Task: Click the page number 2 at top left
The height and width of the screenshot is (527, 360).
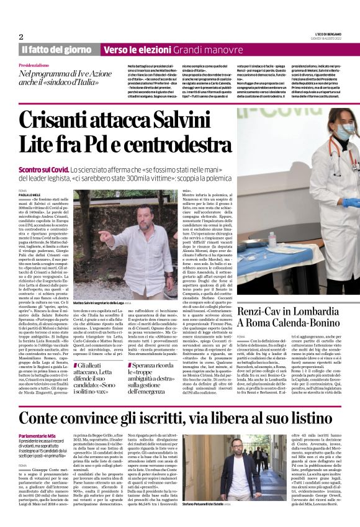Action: pos(21,37)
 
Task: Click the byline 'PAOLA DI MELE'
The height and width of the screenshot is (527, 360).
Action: pos(32,194)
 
